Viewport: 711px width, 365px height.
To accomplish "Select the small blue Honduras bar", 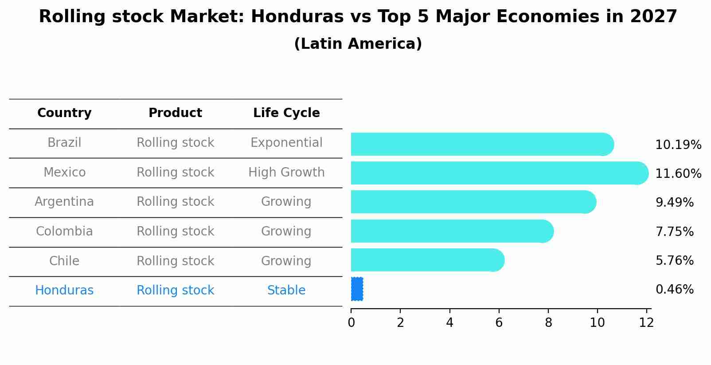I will click(x=357, y=289).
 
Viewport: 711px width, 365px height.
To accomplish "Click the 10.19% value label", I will click(x=678, y=145).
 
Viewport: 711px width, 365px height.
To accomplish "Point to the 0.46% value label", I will click(x=674, y=290).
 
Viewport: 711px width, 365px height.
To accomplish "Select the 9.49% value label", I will click(x=674, y=203).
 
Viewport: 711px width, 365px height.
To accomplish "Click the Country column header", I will click(x=64, y=113).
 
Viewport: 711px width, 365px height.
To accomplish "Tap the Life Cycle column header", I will click(x=286, y=113).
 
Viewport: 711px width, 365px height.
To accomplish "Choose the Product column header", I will click(x=175, y=113).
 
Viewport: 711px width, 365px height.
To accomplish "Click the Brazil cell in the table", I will click(x=64, y=143).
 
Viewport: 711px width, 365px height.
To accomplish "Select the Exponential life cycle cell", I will click(x=286, y=143).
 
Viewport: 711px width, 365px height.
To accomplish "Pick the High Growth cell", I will click(x=286, y=173).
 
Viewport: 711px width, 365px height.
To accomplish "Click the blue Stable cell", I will click(x=286, y=290).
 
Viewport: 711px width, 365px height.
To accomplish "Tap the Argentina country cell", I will click(x=64, y=202).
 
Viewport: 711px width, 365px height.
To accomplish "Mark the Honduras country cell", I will click(x=64, y=290).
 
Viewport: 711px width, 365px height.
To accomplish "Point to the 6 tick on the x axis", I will click(x=499, y=323).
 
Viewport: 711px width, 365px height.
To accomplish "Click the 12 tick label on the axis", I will click(x=646, y=323).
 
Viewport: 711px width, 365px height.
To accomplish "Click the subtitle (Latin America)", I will click(x=358, y=44).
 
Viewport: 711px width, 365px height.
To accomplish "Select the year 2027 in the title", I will click(x=653, y=17).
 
